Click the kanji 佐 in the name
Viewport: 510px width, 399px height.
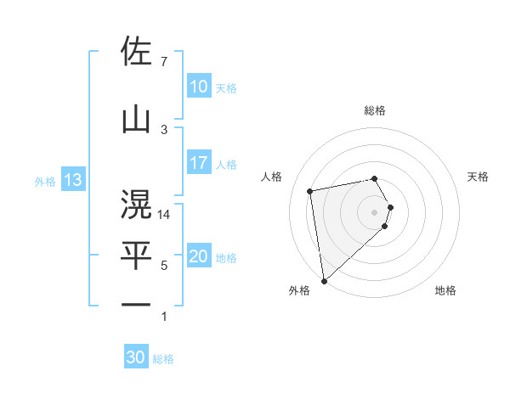pyautogui.click(x=136, y=52)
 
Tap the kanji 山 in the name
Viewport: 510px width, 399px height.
pyautogui.click(x=136, y=120)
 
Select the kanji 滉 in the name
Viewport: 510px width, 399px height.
pyautogui.click(x=136, y=205)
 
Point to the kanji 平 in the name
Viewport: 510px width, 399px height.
pyautogui.click(x=136, y=255)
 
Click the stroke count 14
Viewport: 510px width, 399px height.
pyautogui.click(x=164, y=215)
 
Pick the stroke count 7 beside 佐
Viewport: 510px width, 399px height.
pyautogui.click(x=163, y=62)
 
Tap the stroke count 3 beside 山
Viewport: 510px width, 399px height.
pyautogui.click(x=164, y=130)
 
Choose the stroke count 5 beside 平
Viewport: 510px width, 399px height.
pyautogui.click(x=164, y=266)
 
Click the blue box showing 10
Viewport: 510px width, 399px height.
pyautogui.click(x=198, y=87)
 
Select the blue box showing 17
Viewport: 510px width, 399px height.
pyautogui.click(x=198, y=163)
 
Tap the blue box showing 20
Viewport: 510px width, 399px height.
pyautogui.click(x=198, y=257)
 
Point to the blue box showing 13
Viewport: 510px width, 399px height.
pyautogui.click(x=72, y=180)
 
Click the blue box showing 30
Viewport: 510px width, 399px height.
pyautogui.click(x=136, y=358)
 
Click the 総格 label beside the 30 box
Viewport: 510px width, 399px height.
pyautogui.click(x=163, y=359)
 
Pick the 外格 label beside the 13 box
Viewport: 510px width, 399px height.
pyautogui.click(x=45, y=181)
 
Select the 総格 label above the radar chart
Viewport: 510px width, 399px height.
pyautogui.click(x=375, y=110)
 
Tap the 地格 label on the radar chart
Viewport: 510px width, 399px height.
pyautogui.click(x=445, y=291)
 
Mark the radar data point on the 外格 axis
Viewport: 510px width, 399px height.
pyautogui.click(x=324, y=280)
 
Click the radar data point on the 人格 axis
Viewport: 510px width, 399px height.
pyautogui.click(x=310, y=190)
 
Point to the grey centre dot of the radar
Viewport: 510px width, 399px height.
pyautogui.click(x=375, y=211)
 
